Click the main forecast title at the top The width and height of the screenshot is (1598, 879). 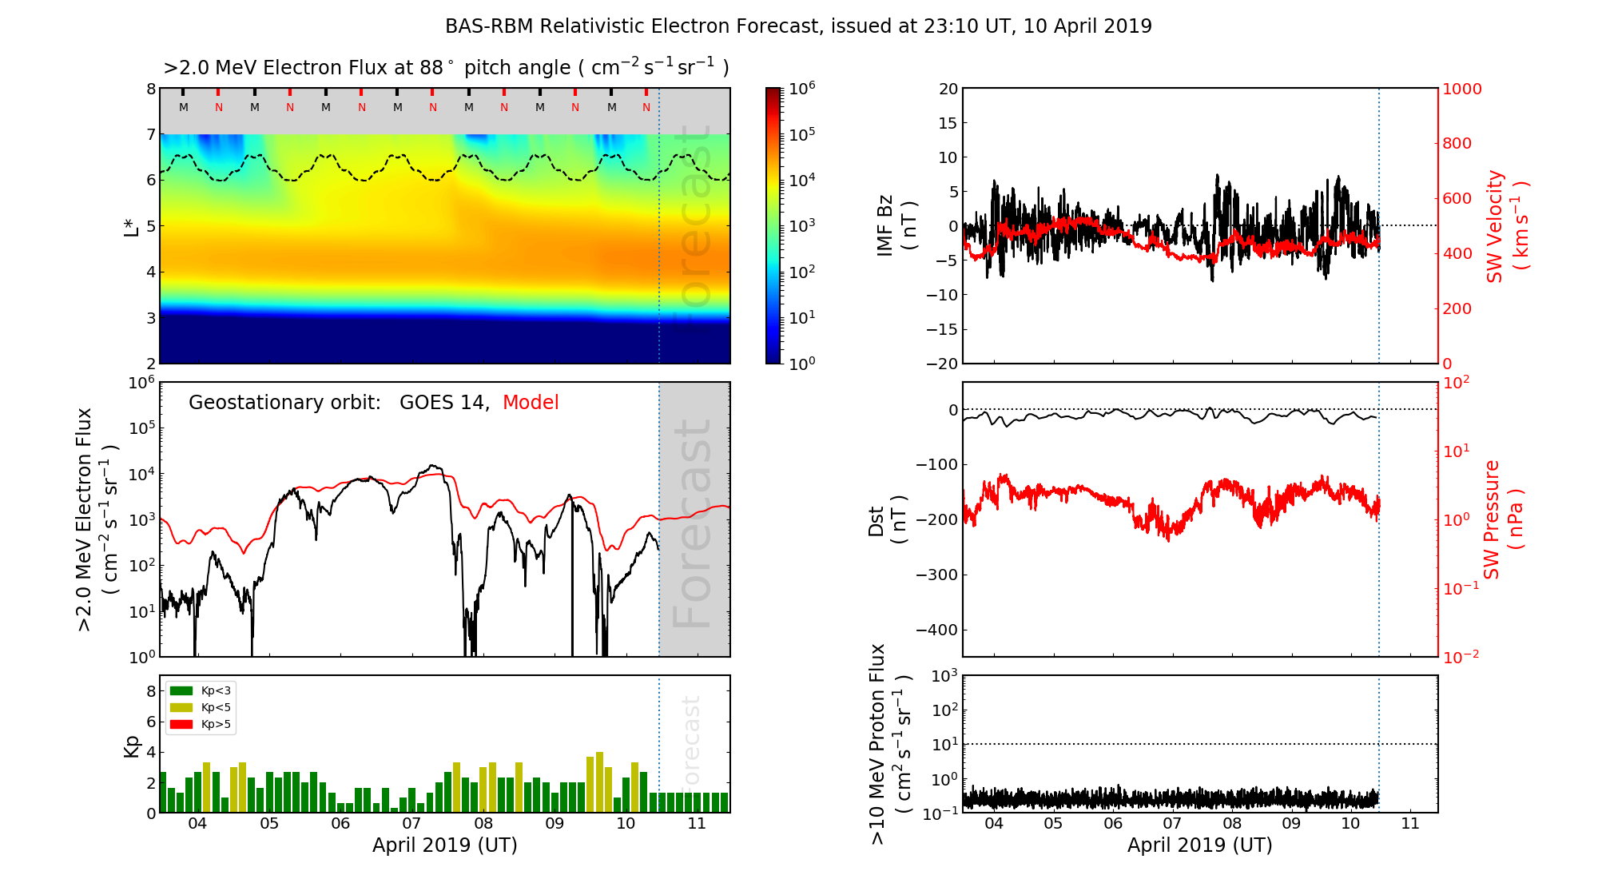798,26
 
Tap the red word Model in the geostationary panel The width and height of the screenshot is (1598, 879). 531,403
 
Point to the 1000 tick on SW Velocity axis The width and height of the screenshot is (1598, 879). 1461,89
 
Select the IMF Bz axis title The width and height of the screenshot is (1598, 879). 896,226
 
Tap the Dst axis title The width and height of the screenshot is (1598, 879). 887,520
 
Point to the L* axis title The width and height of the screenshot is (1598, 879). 131,226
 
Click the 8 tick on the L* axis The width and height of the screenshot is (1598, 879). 150,89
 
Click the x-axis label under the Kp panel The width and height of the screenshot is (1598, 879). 444,845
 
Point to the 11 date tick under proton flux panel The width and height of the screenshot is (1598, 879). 1410,824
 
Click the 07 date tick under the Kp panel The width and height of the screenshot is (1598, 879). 411,824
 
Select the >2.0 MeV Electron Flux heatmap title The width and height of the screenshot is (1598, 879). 446,68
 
